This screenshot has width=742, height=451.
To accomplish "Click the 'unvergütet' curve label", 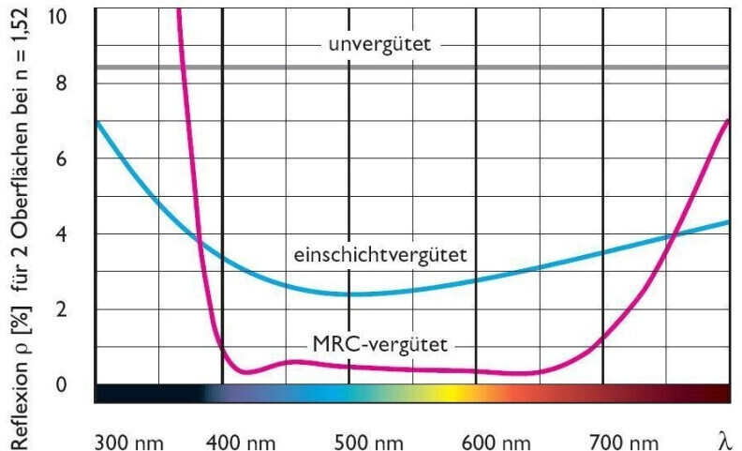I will pos(379,44).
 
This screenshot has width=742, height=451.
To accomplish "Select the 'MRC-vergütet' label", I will pos(379,341).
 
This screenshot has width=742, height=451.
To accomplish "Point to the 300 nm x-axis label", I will pos(125,438).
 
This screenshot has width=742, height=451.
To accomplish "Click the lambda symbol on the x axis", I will pos(723,438).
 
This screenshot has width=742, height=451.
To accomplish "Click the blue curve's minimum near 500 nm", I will pos(351,294).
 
